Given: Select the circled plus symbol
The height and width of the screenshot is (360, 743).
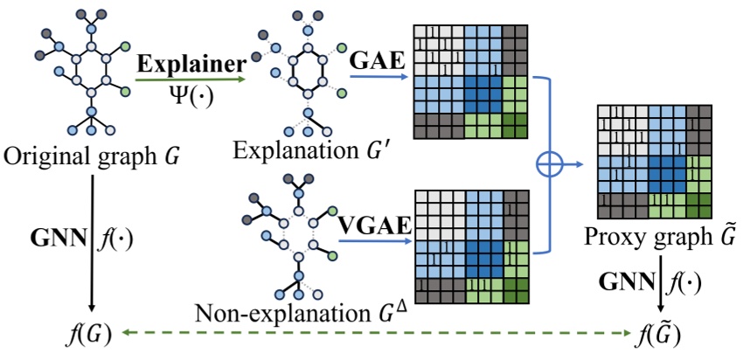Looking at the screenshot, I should (x=550, y=163).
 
